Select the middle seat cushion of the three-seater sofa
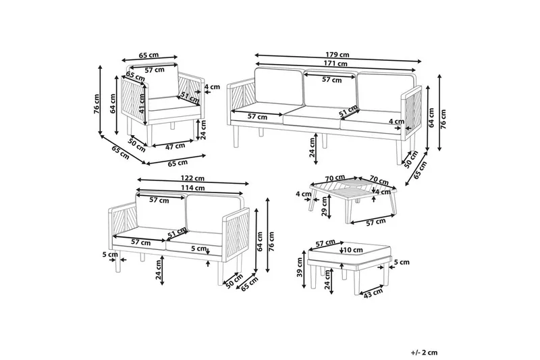[310, 118]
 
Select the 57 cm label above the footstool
[325, 242]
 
